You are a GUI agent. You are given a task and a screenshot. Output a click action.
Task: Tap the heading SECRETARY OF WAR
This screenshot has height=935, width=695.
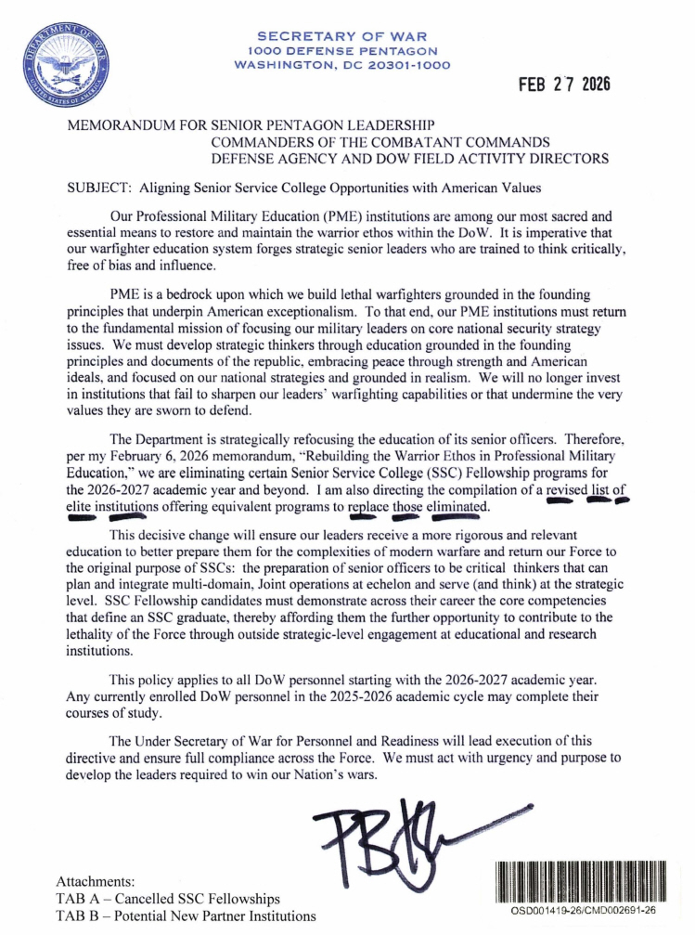(342, 36)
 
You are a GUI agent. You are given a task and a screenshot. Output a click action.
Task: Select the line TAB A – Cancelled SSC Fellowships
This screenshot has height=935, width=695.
(168, 898)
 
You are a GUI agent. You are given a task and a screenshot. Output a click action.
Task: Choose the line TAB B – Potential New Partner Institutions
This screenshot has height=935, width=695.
(186, 916)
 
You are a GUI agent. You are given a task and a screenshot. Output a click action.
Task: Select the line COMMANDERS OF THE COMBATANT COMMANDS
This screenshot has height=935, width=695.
(381, 141)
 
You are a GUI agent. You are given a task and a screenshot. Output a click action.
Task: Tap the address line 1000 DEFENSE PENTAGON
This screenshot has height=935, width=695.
(342, 51)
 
